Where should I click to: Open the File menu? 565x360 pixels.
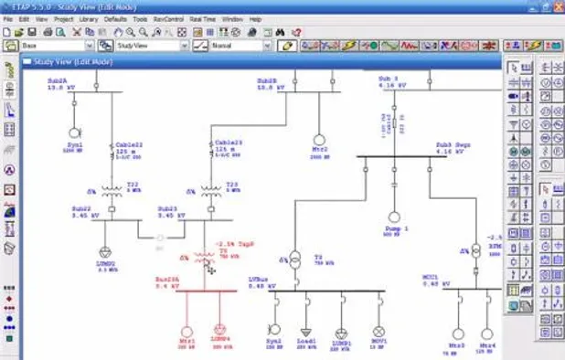(x=7, y=17)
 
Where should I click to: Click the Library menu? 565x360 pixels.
(x=89, y=17)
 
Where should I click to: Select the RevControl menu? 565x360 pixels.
(x=167, y=17)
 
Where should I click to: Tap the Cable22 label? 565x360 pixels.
(x=127, y=143)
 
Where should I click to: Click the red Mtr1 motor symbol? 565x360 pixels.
(x=187, y=332)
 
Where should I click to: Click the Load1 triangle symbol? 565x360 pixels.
(x=305, y=330)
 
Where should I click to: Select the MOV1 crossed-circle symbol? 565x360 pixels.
(x=378, y=330)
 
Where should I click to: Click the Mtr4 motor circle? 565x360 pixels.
(x=486, y=334)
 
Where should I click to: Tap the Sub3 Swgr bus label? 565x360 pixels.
(x=454, y=147)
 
